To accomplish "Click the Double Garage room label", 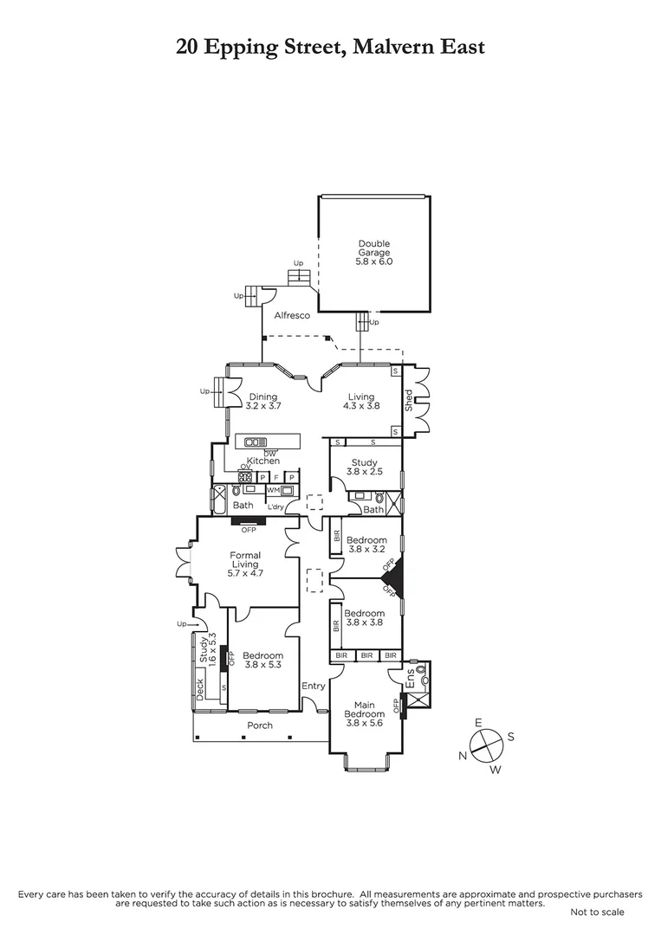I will [x=374, y=252].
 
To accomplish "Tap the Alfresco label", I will [x=292, y=316].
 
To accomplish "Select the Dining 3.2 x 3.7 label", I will [x=263, y=402].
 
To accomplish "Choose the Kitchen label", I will [x=262, y=461].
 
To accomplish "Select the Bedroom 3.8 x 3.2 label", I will [x=366, y=545].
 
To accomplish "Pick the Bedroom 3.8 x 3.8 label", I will [x=366, y=618].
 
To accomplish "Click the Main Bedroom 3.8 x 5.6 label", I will [x=364, y=713].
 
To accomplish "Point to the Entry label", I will [x=313, y=687].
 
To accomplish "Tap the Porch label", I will [x=260, y=725].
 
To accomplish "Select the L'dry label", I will [x=276, y=506].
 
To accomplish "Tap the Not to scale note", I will [x=597, y=912].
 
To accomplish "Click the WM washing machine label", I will [x=273, y=490].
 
